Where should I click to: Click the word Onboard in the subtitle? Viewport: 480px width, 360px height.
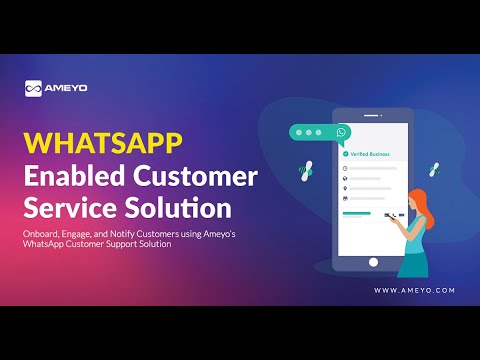click(44, 234)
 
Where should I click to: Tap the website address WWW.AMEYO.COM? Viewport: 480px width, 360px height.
click(415, 290)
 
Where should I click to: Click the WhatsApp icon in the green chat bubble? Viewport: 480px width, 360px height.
click(342, 132)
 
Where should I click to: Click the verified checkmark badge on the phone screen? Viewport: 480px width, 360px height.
click(344, 155)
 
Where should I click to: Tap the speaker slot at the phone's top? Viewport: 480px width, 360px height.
click(373, 114)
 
